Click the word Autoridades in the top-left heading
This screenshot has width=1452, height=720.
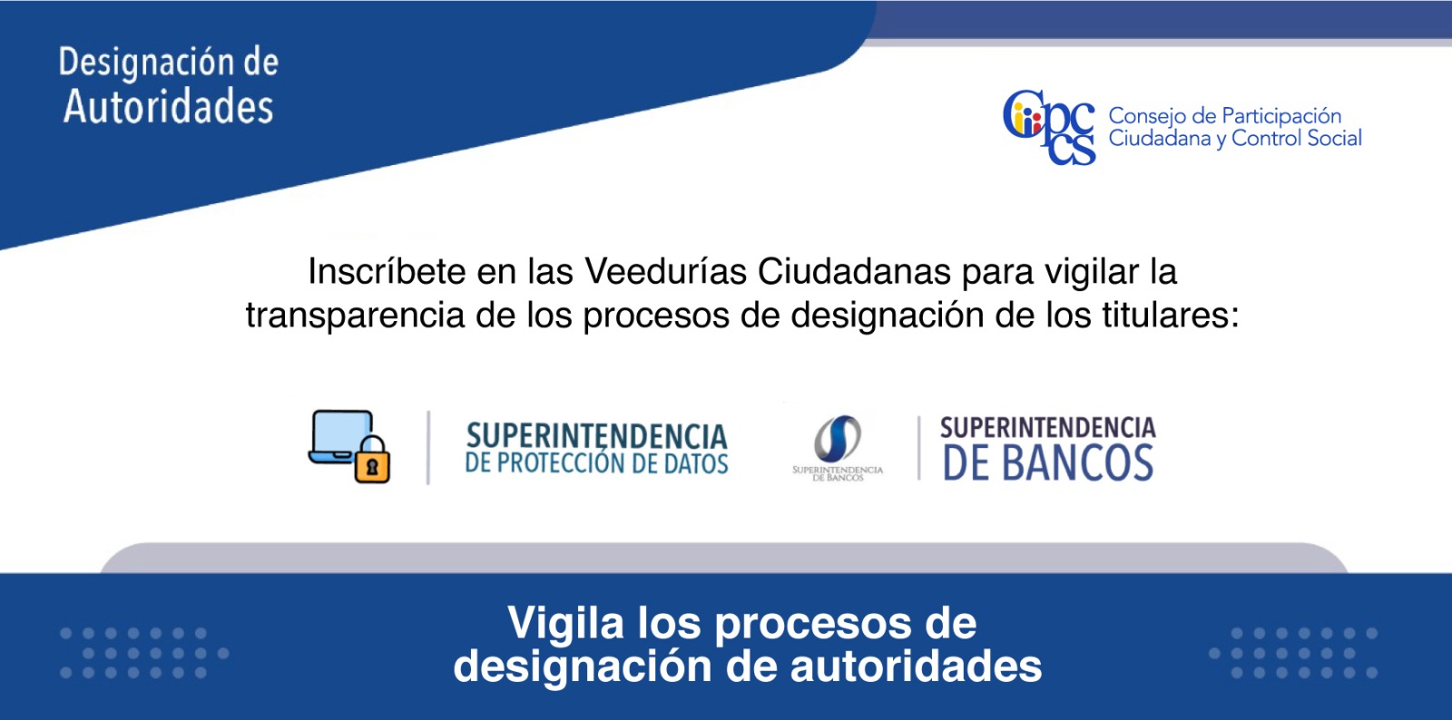coord(169,107)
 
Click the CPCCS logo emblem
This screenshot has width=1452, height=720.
coord(1049,127)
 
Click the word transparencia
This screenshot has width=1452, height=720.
coord(355,316)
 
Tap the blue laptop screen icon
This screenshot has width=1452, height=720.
coord(341,437)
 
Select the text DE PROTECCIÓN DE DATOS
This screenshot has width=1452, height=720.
coord(596,463)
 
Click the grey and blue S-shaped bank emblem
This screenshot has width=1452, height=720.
coord(838,439)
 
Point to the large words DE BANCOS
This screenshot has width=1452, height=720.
coord(1047,463)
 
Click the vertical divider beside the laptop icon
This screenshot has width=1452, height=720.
coord(427,447)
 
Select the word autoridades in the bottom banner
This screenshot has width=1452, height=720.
coord(916,666)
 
